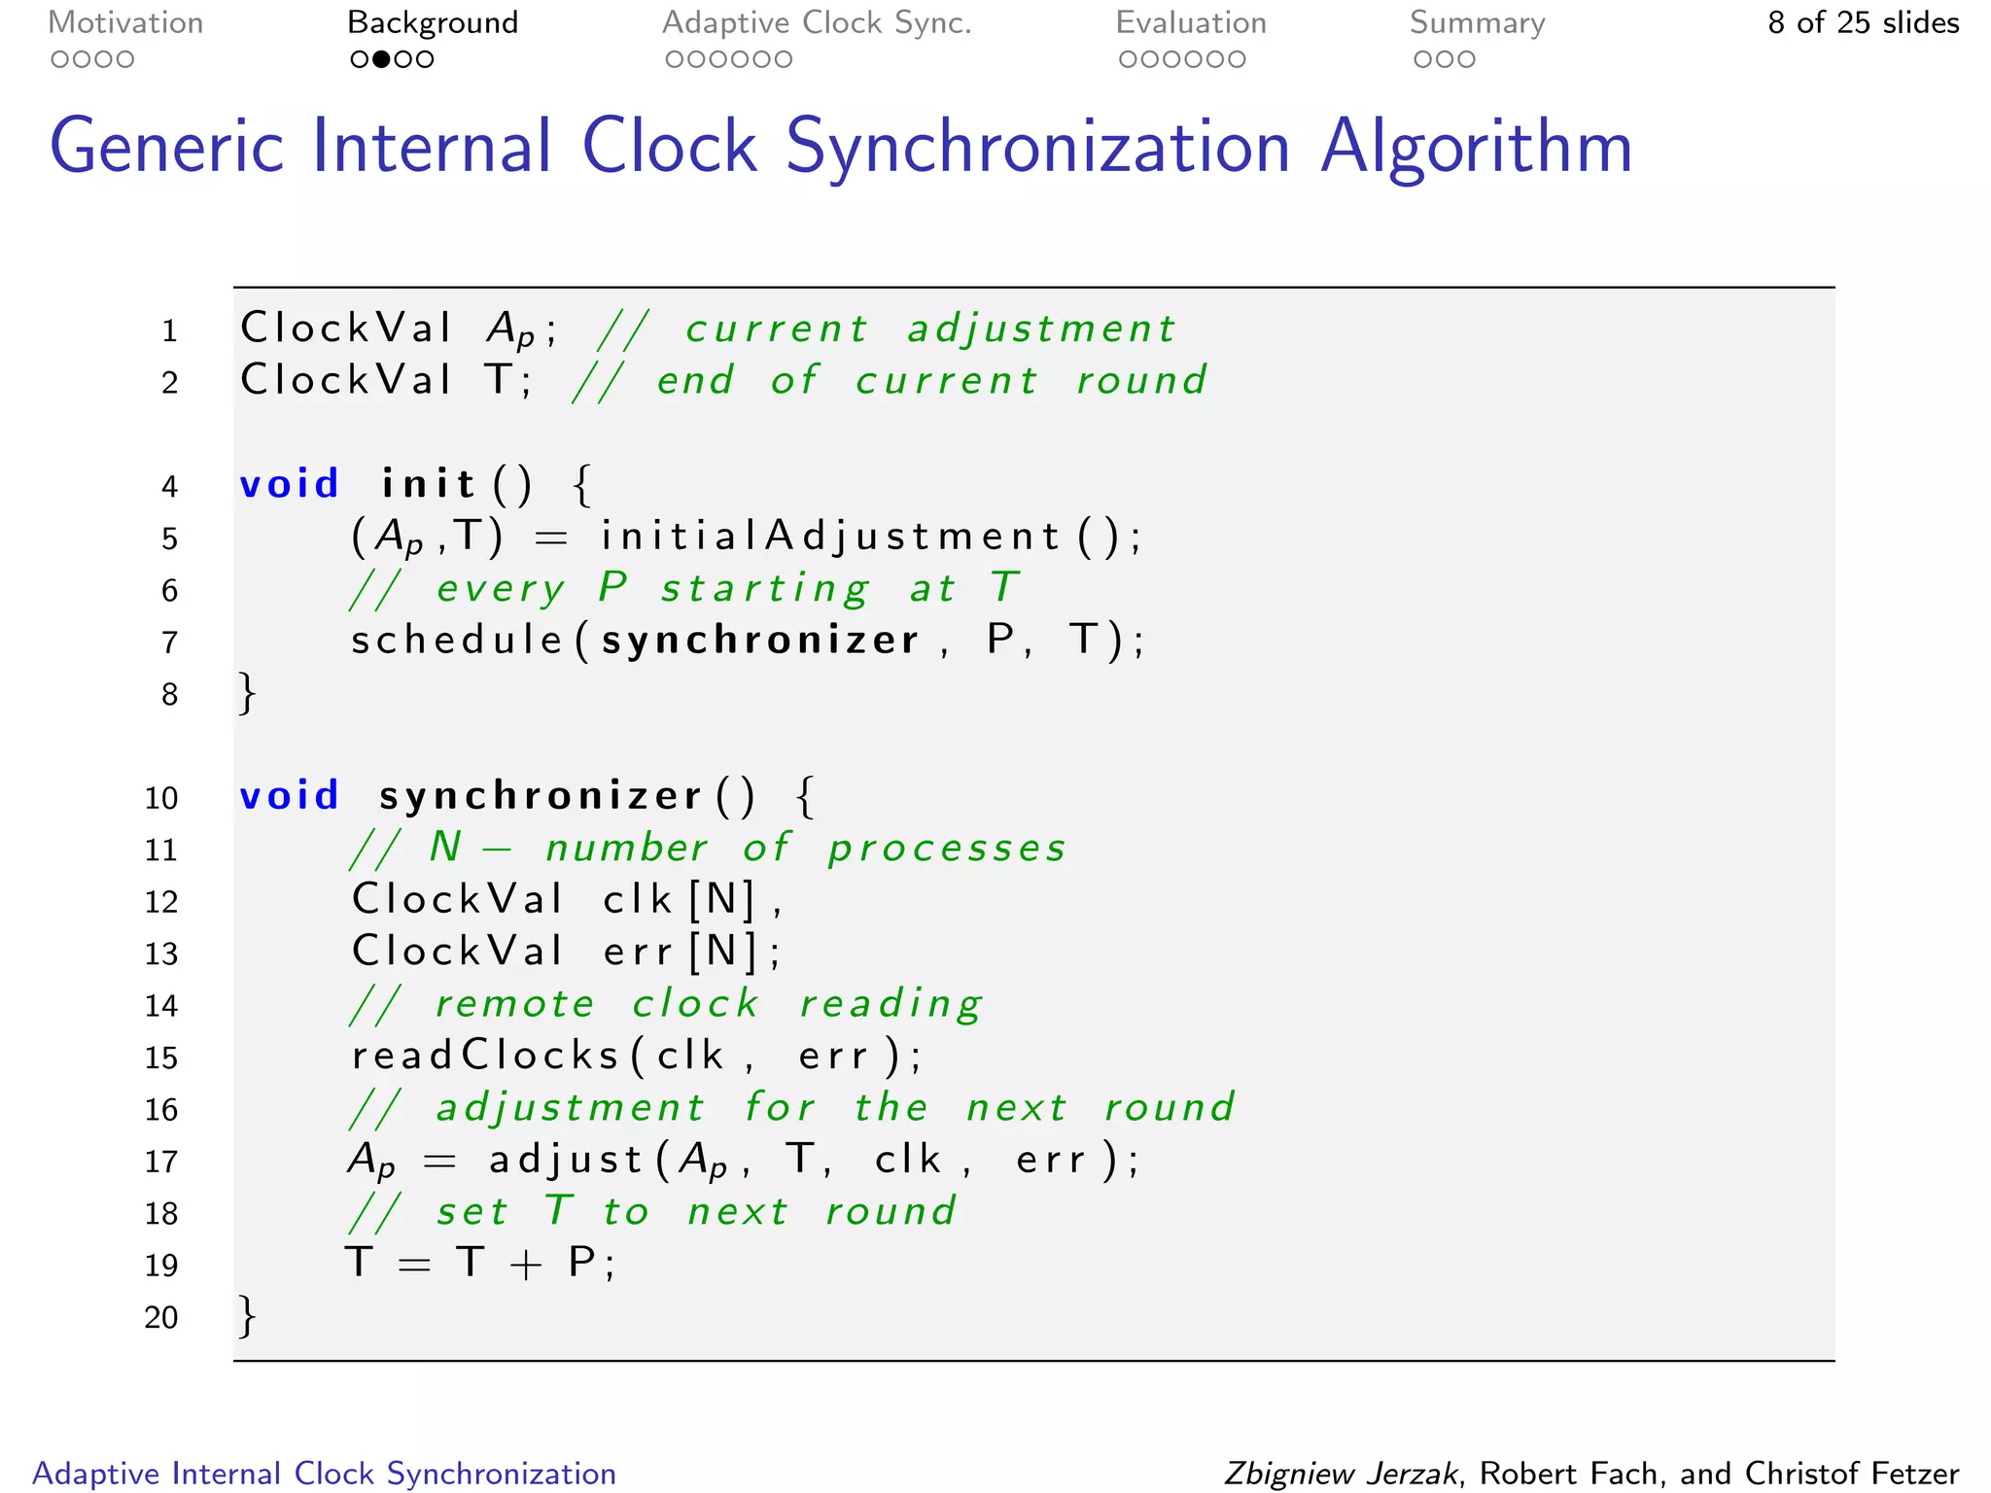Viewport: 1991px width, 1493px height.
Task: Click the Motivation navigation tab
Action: (125, 23)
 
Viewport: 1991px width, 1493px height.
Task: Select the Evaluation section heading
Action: (1191, 23)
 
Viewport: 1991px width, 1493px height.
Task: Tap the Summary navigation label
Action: (1477, 23)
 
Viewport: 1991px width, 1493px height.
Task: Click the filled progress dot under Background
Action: (382, 59)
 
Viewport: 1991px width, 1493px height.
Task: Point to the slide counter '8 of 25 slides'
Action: (1863, 23)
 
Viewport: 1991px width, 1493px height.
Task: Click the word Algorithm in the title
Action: (1476, 148)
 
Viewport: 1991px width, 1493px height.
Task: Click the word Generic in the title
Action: (166, 148)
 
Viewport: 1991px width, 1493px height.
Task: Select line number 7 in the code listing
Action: (170, 642)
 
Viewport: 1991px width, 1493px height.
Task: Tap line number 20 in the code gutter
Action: (161, 1317)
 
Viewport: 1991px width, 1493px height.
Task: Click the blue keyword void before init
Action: (289, 484)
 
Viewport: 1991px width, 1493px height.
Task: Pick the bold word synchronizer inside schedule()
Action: (760, 641)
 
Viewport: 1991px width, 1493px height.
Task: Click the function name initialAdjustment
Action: (829, 537)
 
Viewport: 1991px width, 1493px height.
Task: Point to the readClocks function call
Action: (485, 1056)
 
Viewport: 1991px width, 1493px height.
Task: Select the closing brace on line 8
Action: (248, 693)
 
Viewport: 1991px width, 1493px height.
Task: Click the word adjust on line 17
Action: (565, 1161)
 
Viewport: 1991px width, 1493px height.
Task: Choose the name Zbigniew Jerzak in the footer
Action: (1341, 1474)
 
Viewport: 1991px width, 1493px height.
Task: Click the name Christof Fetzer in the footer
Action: (1852, 1474)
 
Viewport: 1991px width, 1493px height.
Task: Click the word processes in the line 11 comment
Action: (947, 849)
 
